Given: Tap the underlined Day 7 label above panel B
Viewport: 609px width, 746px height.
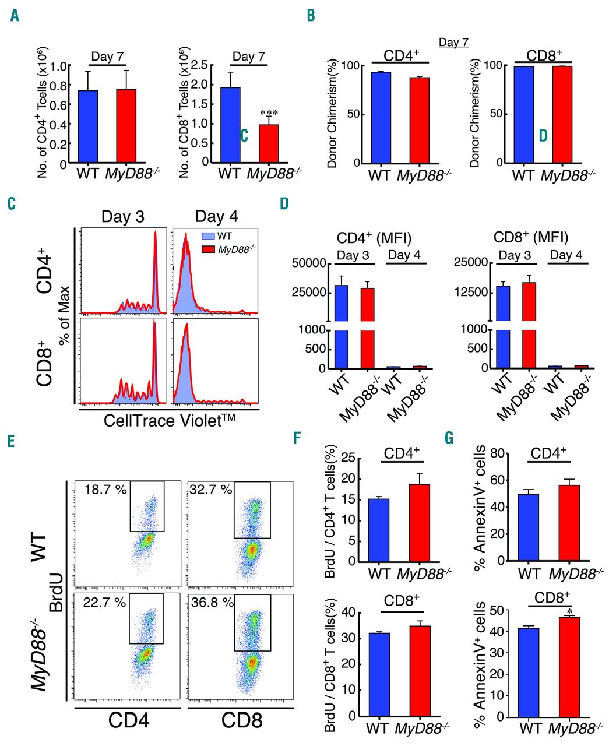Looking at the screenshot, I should pyautogui.click(x=453, y=43).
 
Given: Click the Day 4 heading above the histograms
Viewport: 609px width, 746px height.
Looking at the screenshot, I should pyautogui.click(x=217, y=217).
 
